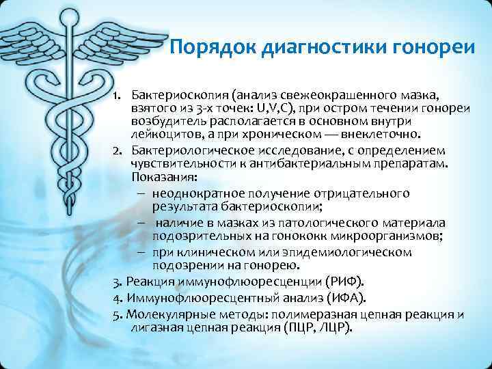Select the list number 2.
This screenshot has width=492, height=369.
117,150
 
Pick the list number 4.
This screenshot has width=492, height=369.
117,298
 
